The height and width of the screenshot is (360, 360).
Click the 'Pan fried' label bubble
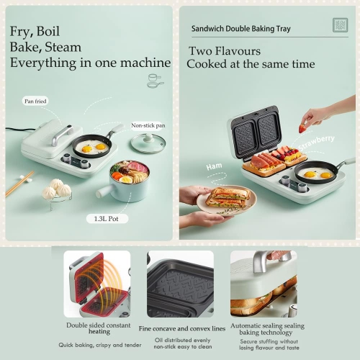coord(35,102)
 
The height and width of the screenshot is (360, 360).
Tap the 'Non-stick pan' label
coord(147,125)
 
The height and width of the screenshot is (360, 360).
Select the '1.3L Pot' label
coord(106,218)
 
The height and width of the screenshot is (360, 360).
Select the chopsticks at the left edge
coord(18,184)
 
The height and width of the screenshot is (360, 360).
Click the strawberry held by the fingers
coord(303,128)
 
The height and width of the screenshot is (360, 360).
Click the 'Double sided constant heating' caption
coord(98,328)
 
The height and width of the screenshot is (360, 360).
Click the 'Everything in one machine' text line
coord(90,63)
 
